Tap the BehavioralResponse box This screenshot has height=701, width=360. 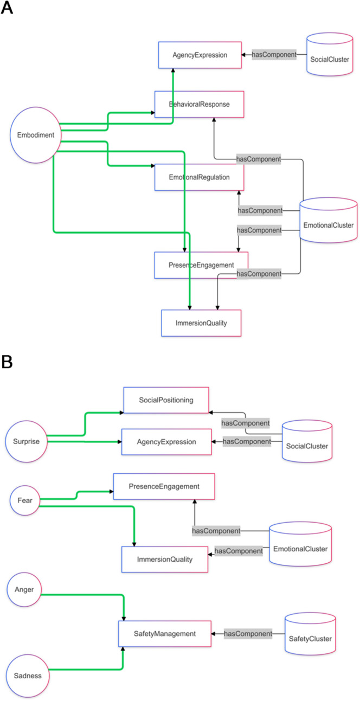(200, 104)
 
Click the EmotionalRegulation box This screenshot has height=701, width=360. (200, 177)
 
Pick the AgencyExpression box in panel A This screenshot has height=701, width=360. (200, 55)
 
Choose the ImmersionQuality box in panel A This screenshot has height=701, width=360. (201, 323)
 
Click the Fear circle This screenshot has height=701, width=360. (25, 500)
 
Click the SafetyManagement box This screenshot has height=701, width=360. (164, 633)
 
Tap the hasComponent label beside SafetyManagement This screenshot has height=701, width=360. (248, 633)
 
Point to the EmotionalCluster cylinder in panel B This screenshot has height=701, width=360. (300, 549)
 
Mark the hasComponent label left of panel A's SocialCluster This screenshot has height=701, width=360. (274, 55)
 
